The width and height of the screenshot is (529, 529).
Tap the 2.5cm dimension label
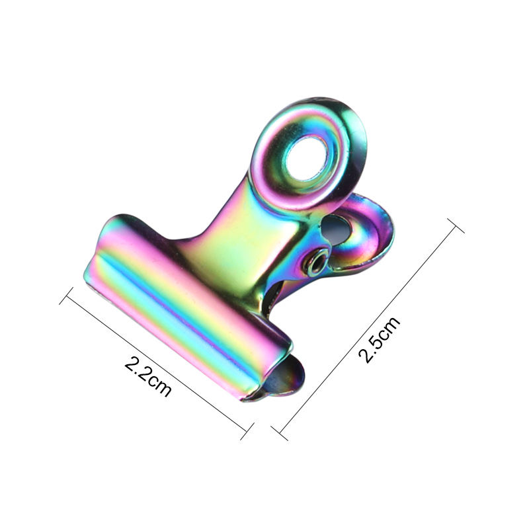[379, 339]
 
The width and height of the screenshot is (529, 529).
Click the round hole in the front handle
[306, 156]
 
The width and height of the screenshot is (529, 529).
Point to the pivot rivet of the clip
[317, 259]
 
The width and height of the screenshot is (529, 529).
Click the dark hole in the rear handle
[337, 230]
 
